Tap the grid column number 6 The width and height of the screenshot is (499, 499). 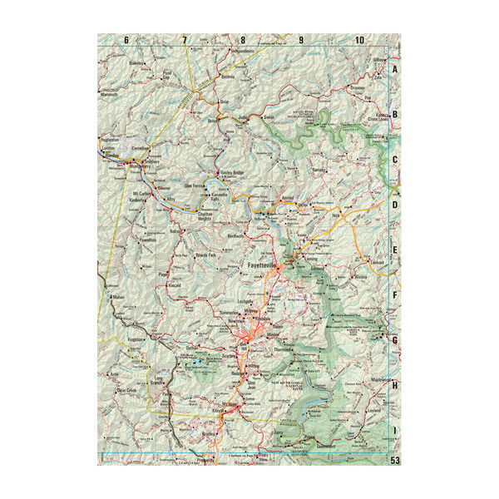(x=126, y=40)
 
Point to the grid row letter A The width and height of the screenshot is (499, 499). (x=396, y=70)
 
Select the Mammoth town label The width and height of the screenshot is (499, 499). (x=111, y=96)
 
